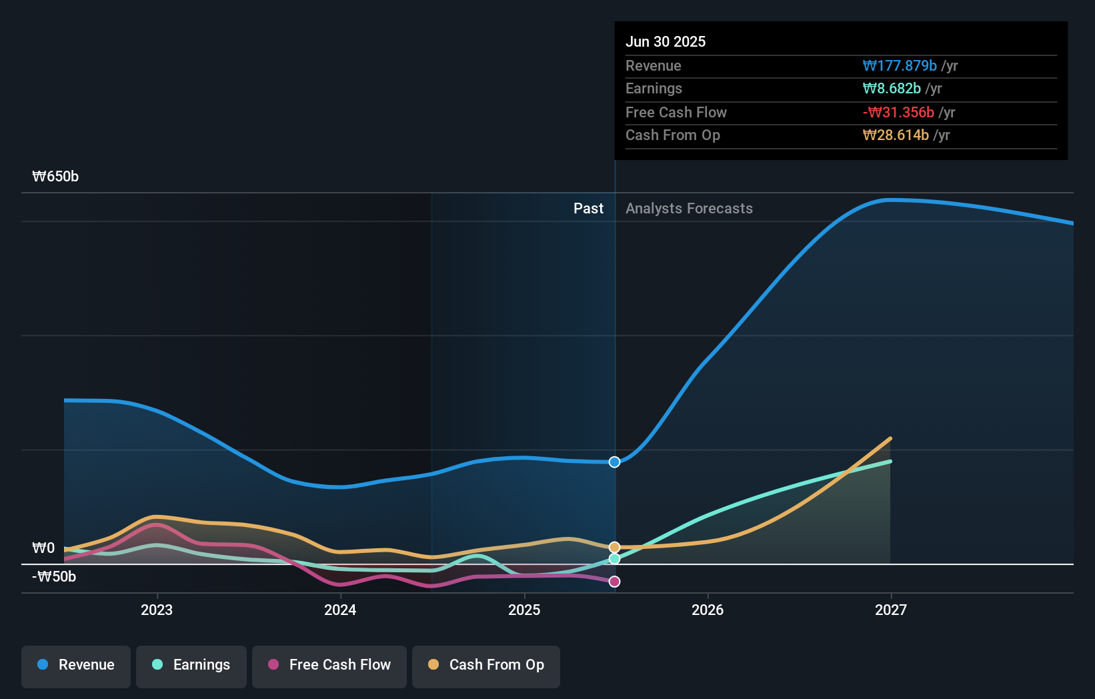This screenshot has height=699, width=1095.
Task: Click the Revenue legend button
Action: coord(76,665)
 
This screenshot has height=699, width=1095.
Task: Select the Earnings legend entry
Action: coord(191,665)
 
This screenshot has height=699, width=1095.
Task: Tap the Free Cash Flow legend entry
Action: coord(329,665)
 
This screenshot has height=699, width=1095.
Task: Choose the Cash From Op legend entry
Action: coord(486,665)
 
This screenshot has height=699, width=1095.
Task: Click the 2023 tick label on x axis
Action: coord(157,610)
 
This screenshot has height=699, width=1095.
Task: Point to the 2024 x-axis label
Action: coord(340,610)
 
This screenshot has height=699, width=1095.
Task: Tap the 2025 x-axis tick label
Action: coord(524,610)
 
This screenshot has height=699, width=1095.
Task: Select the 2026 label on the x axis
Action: coord(708,610)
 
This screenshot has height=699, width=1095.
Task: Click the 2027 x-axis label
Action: coord(891,610)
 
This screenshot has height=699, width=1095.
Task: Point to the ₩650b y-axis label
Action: coord(55,177)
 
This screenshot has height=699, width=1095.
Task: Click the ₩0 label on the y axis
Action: coord(43,548)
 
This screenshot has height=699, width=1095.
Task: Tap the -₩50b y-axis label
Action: coord(54,577)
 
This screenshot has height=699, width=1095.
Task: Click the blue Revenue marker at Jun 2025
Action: coord(614,462)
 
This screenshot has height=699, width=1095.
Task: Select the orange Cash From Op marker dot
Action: coord(614,548)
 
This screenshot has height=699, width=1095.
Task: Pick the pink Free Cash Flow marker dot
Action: coord(614,582)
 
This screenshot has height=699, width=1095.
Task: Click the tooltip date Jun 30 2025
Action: coord(665,42)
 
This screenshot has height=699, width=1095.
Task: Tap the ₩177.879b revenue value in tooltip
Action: coord(899,66)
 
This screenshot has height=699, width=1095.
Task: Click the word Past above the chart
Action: coord(588,209)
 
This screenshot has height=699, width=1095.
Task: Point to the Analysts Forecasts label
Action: coord(689,209)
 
